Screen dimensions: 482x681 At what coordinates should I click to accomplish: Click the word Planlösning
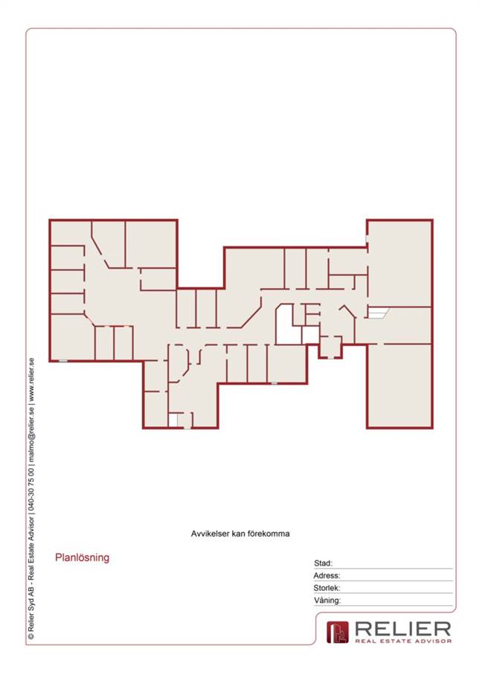tap(82, 557)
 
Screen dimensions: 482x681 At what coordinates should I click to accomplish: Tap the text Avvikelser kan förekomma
tap(240, 534)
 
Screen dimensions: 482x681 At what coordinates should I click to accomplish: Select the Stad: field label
tap(323, 563)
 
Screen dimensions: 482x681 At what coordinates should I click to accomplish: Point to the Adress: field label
tap(327, 575)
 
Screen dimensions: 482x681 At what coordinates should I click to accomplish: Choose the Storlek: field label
tap(327, 588)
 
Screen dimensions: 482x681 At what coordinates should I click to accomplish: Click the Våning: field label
tap(327, 600)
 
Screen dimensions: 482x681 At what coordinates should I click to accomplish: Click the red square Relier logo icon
tap(338, 632)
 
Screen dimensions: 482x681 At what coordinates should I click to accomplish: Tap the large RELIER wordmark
tap(403, 629)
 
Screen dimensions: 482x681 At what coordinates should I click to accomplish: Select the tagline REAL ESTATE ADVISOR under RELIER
tap(403, 641)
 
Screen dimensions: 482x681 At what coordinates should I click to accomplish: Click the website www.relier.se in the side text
tap(31, 381)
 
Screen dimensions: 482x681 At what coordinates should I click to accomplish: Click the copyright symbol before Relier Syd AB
tap(31, 636)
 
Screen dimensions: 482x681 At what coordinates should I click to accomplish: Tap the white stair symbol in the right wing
tap(378, 312)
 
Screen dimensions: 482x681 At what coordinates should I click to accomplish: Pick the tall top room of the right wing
tap(399, 263)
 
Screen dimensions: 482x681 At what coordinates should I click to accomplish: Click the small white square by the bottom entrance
tap(173, 421)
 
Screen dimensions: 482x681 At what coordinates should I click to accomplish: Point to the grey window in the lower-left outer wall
tap(63, 361)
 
